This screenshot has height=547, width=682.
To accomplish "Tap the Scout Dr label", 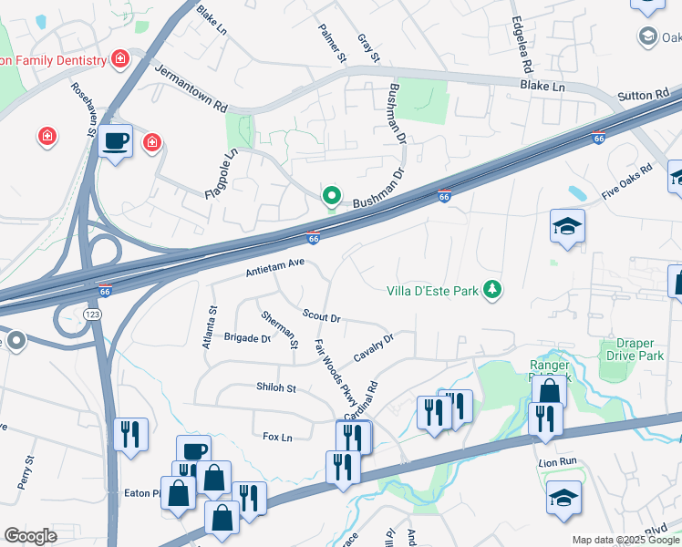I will click(321, 316).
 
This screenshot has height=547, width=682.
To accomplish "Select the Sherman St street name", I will click(279, 329).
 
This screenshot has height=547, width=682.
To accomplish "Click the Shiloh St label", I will click(276, 388).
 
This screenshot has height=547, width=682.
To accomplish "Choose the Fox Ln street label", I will click(276, 438).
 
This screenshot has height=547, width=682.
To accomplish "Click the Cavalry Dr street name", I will click(373, 347).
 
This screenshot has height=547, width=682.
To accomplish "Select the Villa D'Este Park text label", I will click(433, 292).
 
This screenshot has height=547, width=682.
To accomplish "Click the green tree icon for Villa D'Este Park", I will click(493, 290).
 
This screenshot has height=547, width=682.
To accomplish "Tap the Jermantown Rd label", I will click(191, 88).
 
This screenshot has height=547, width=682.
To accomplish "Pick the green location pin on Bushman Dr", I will click(332, 196).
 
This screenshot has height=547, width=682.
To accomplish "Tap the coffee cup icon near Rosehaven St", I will click(116, 142).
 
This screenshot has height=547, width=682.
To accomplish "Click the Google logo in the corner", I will click(30, 536).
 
